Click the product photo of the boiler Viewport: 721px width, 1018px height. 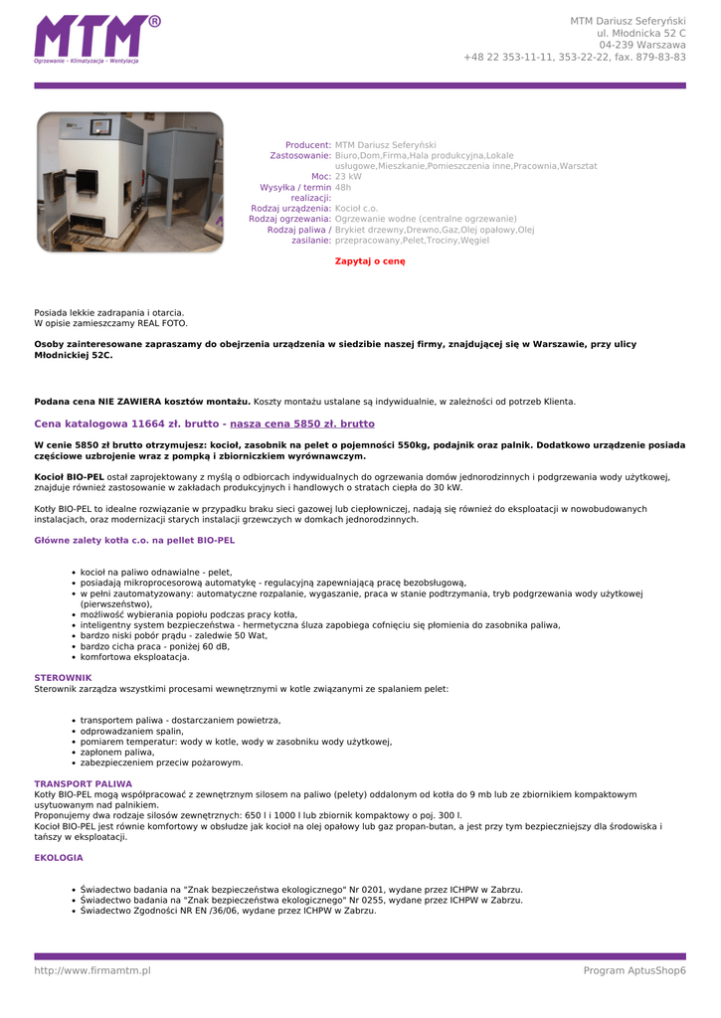[x=129, y=181]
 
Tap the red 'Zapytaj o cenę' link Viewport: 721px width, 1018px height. [x=370, y=261]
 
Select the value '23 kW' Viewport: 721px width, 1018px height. [x=348, y=176]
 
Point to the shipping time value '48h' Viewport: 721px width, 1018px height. [x=343, y=187]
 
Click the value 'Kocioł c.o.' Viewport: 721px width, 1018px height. [x=356, y=208]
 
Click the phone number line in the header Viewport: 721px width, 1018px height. [x=574, y=57]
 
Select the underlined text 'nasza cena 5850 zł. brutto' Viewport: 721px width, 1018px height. [x=302, y=424]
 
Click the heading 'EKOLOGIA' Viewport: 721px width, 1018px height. [x=59, y=857]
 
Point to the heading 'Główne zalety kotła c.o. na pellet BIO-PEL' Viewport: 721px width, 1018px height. [x=134, y=540]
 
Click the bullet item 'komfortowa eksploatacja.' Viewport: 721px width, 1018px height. [x=134, y=657]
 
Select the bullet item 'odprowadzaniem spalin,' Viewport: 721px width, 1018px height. [x=131, y=731]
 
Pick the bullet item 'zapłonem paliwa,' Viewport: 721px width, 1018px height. [x=117, y=752]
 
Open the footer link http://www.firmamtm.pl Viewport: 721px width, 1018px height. [x=92, y=970]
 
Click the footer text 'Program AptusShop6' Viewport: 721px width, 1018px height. [x=634, y=970]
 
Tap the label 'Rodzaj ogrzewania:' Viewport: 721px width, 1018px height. [x=289, y=219]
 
